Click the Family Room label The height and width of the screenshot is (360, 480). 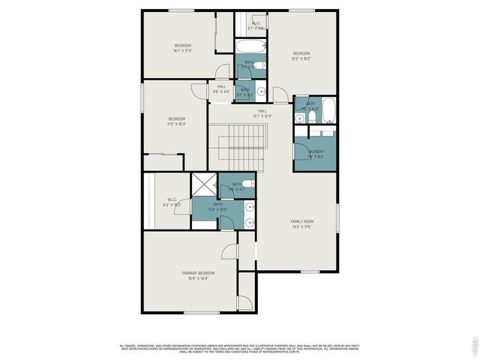pyautogui.click(x=302, y=221)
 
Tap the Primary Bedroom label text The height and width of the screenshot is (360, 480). pyautogui.click(x=198, y=272)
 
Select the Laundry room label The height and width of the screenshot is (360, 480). pyautogui.click(x=315, y=151)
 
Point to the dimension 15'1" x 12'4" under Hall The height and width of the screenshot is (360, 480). pyautogui.click(x=262, y=116)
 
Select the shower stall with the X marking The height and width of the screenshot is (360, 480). pyautogui.click(x=203, y=185)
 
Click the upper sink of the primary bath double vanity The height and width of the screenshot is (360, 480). pyautogui.click(x=250, y=207)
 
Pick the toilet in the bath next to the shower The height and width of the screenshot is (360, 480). pyautogui.click(x=250, y=184)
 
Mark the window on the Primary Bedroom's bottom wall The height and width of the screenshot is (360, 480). pyautogui.click(x=202, y=313)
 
